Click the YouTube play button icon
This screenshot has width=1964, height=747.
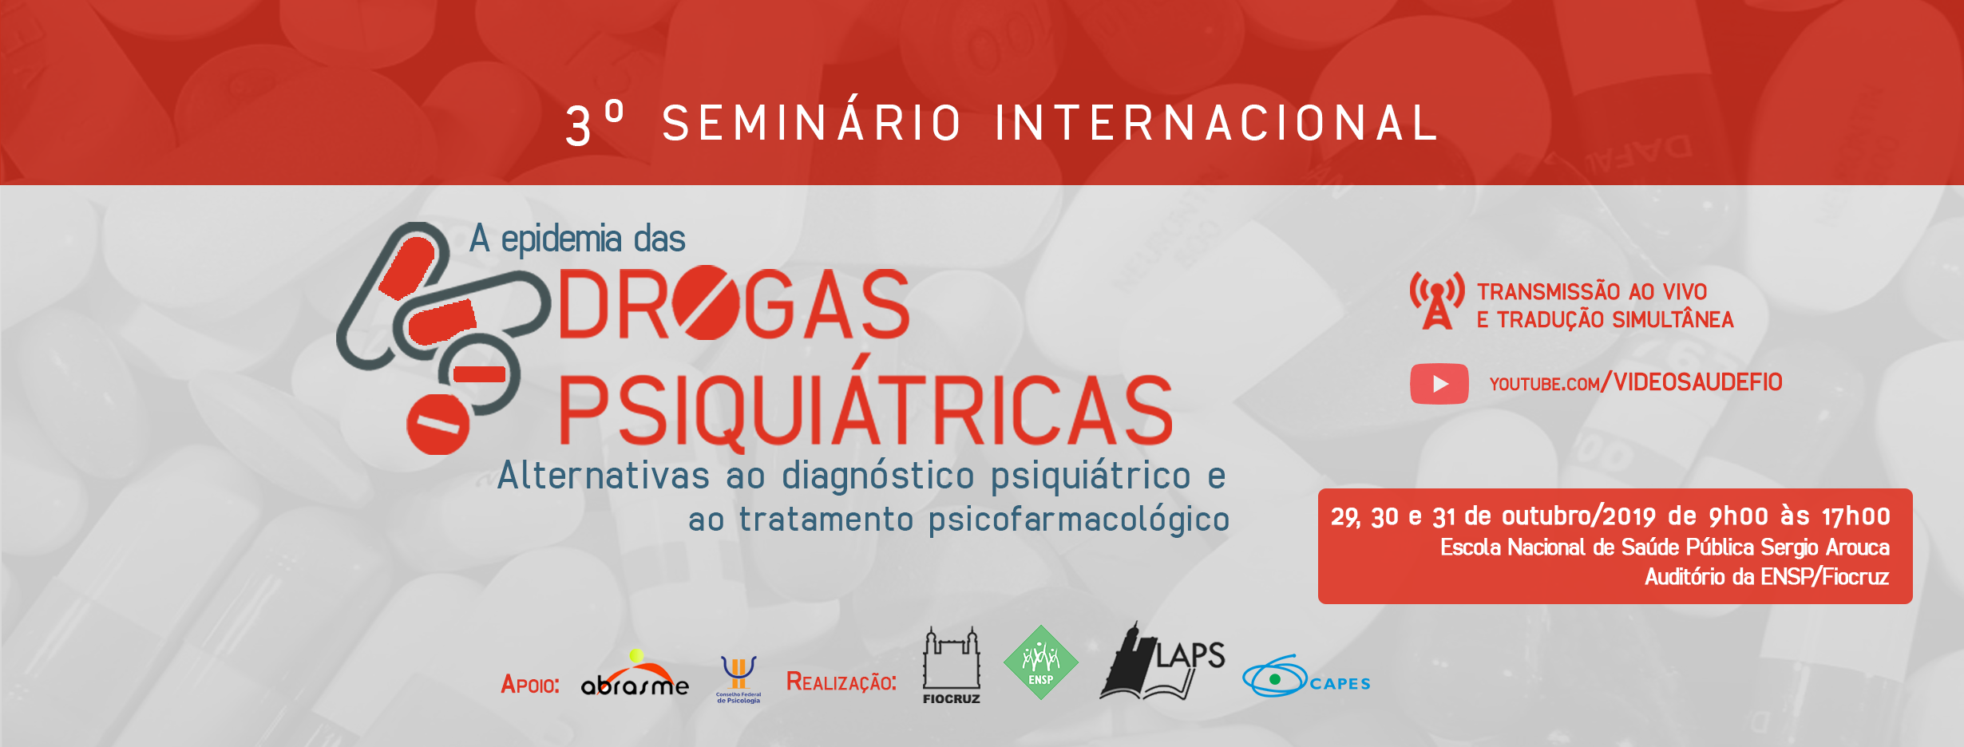pos(1439,384)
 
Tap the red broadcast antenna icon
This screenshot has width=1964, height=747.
pos(1437,300)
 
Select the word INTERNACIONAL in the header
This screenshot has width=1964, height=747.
pos(1216,123)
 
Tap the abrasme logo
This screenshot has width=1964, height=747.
pos(635,674)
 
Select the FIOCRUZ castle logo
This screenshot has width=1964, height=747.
pos(951,666)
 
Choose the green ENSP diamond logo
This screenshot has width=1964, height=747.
pos(1040,662)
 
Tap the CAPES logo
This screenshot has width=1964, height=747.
pos(1306,677)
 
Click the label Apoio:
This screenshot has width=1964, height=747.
pos(530,684)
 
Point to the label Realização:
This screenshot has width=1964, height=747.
pos(841,682)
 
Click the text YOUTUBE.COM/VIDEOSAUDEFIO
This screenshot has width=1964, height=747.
pos(1636,383)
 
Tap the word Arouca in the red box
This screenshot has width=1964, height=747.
pos(1858,547)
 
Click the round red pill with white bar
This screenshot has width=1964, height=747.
pos(438,424)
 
